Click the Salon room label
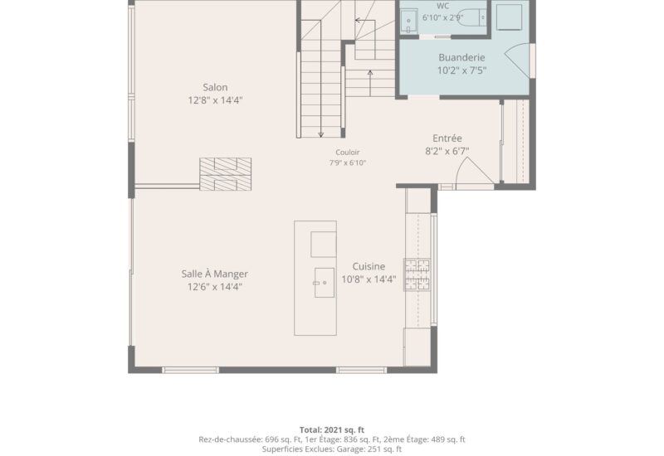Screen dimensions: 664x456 click(x=215, y=88)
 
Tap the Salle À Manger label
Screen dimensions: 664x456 click(x=215, y=274)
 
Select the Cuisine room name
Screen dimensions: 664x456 click(x=369, y=266)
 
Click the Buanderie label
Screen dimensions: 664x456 click(x=461, y=57)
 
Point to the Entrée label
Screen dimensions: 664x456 click(x=447, y=138)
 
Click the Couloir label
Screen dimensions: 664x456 click(x=348, y=153)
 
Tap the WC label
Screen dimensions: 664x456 click(x=442, y=7)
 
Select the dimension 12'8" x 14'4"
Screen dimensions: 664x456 click(x=215, y=100)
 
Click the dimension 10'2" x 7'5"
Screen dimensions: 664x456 click(x=461, y=70)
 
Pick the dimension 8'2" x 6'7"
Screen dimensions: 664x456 click(x=447, y=151)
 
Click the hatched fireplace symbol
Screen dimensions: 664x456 click(x=225, y=174)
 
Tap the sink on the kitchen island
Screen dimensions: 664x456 click(x=325, y=283)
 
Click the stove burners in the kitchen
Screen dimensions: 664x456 click(x=417, y=274)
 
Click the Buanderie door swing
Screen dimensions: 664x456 click(x=517, y=60)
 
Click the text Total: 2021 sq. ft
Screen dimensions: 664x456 click(x=332, y=430)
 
